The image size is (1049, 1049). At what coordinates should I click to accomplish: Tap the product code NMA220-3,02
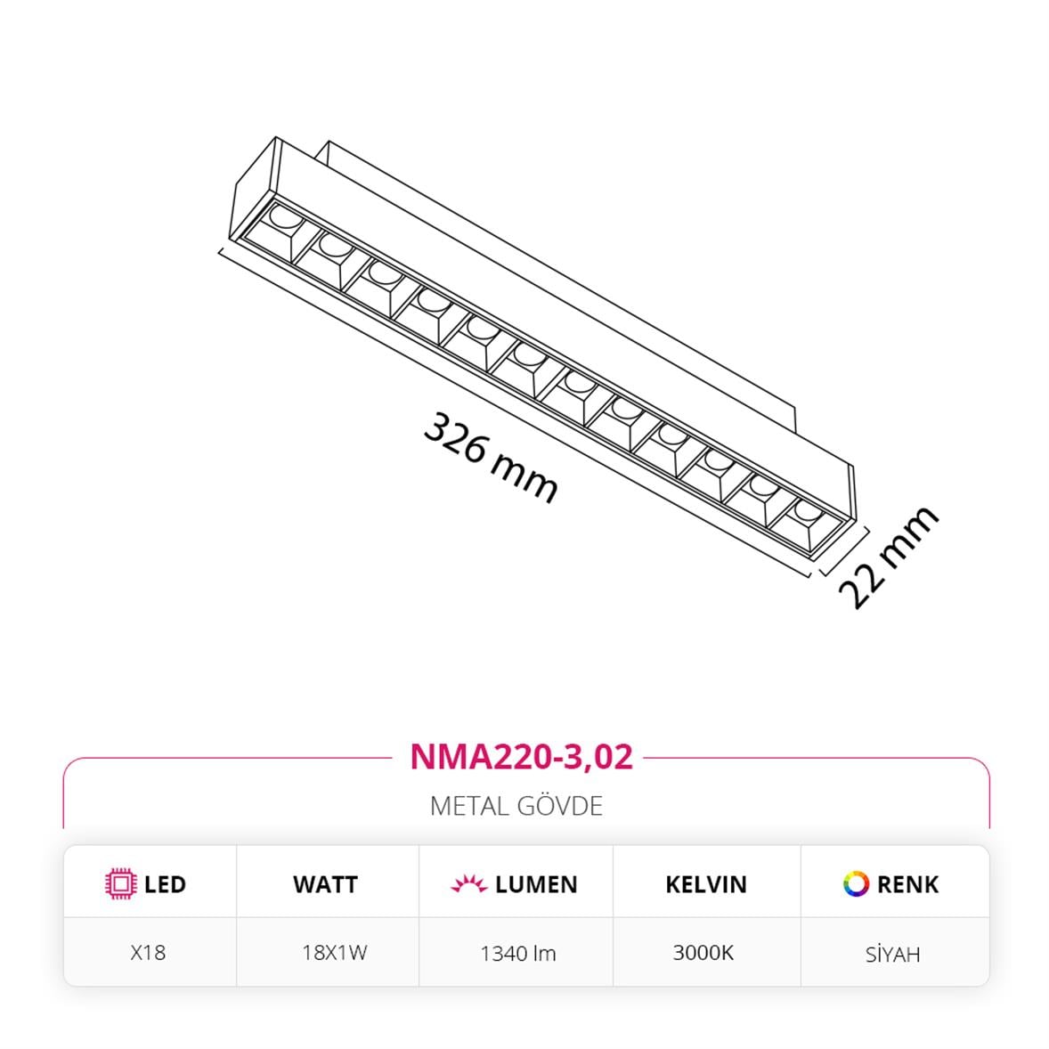click(x=521, y=756)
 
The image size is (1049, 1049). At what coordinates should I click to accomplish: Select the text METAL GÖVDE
click(x=516, y=806)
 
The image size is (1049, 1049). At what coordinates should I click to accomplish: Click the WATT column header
click(x=325, y=884)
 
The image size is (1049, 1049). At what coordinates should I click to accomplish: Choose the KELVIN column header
click(x=706, y=884)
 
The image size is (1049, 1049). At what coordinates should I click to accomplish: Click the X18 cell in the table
click(x=148, y=952)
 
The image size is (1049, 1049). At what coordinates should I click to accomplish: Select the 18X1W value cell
click(x=334, y=952)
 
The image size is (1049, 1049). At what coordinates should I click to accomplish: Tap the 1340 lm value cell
click(x=517, y=954)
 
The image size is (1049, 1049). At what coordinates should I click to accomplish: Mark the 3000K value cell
click(x=703, y=952)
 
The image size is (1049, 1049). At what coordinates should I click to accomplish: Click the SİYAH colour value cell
click(x=892, y=955)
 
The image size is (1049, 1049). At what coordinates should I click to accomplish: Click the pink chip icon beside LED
click(x=119, y=883)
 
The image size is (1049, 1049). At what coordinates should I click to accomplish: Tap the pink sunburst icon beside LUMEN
click(x=469, y=884)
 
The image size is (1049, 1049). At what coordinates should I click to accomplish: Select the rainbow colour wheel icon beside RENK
click(x=856, y=883)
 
